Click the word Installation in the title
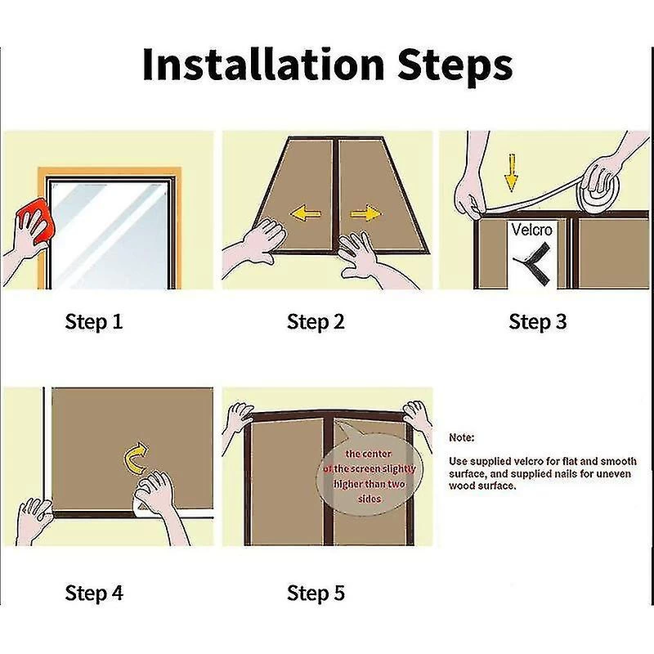[263, 65]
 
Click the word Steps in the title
[455, 67]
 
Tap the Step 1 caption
[94, 322]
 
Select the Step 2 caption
[316, 322]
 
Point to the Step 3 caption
[538, 322]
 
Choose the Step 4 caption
[94, 593]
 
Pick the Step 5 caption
[316, 593]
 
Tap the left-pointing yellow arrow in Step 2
[305, 214]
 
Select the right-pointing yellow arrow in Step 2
[365, 214]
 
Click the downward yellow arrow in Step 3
[512, 172]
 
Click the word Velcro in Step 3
[532, 230]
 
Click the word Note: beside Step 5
[462, 438]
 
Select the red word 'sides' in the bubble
[370, 499]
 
